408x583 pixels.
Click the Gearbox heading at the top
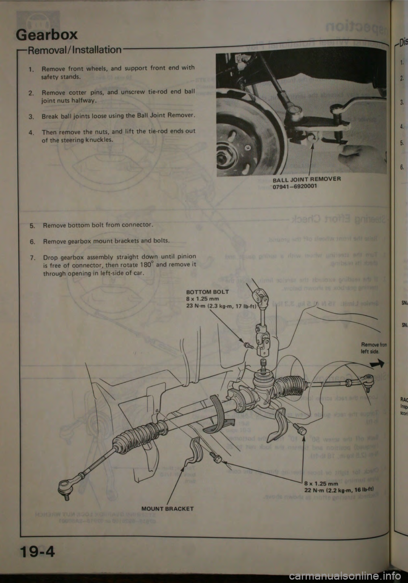tap(47, 34)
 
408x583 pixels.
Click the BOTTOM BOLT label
tap(208, 292)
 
